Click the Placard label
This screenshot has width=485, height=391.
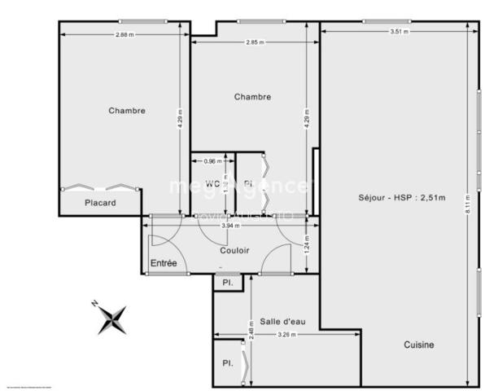101,203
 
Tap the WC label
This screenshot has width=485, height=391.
212,183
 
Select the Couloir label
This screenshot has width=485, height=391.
235,250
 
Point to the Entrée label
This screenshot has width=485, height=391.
164,263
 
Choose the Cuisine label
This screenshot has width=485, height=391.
419,345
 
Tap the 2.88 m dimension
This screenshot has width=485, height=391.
125,34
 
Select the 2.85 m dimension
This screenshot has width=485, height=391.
256,42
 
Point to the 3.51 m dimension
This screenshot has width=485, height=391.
399,32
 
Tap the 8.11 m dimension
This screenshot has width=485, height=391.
467,203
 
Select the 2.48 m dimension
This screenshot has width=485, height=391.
251,330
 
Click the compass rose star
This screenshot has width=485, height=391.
112,319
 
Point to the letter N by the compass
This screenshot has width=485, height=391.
95,303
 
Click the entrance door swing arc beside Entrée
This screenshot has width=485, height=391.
160,244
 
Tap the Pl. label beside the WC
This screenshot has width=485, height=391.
247,183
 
